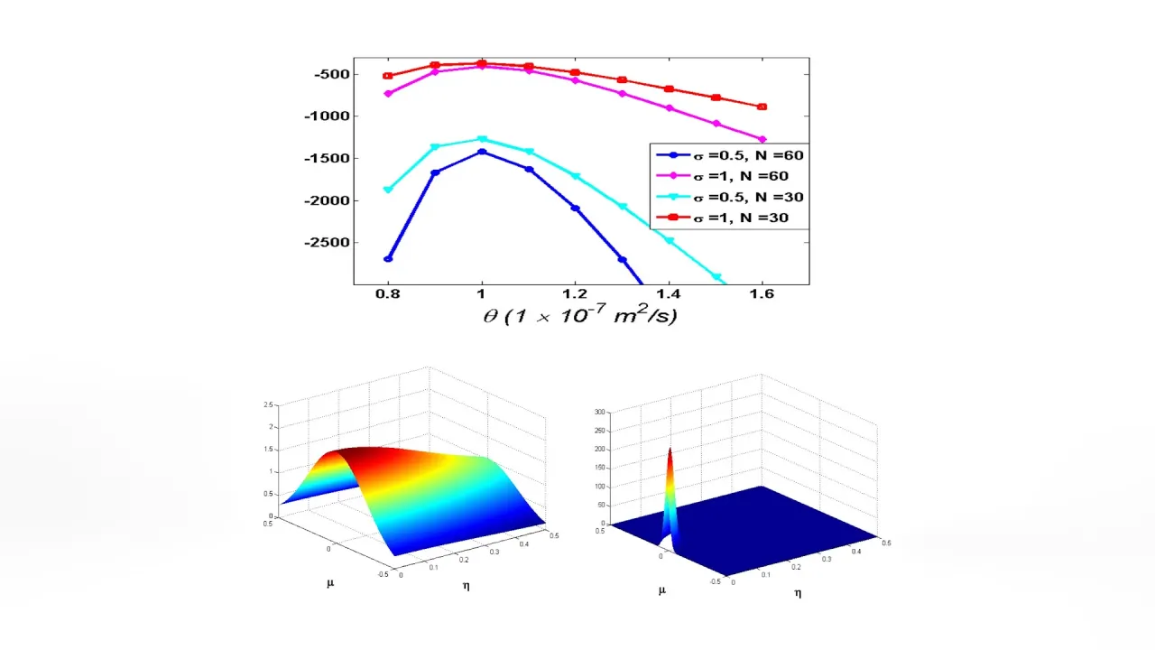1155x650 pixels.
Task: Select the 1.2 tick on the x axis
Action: pos(575,294)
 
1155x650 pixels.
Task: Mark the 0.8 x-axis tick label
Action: pos(388,294)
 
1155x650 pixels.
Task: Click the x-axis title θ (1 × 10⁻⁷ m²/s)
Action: pos(580,316)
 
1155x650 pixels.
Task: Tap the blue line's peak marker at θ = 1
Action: pos(482,152)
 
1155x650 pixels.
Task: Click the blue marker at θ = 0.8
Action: pos(388,259)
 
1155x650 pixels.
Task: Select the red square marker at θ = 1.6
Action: pos(762,107)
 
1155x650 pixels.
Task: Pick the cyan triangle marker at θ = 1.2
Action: pos(575,176)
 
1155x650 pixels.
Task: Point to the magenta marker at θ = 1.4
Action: pos(669,108)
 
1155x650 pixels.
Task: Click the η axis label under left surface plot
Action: pos(466,586)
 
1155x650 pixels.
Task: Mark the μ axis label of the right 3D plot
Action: pos(661,590)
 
